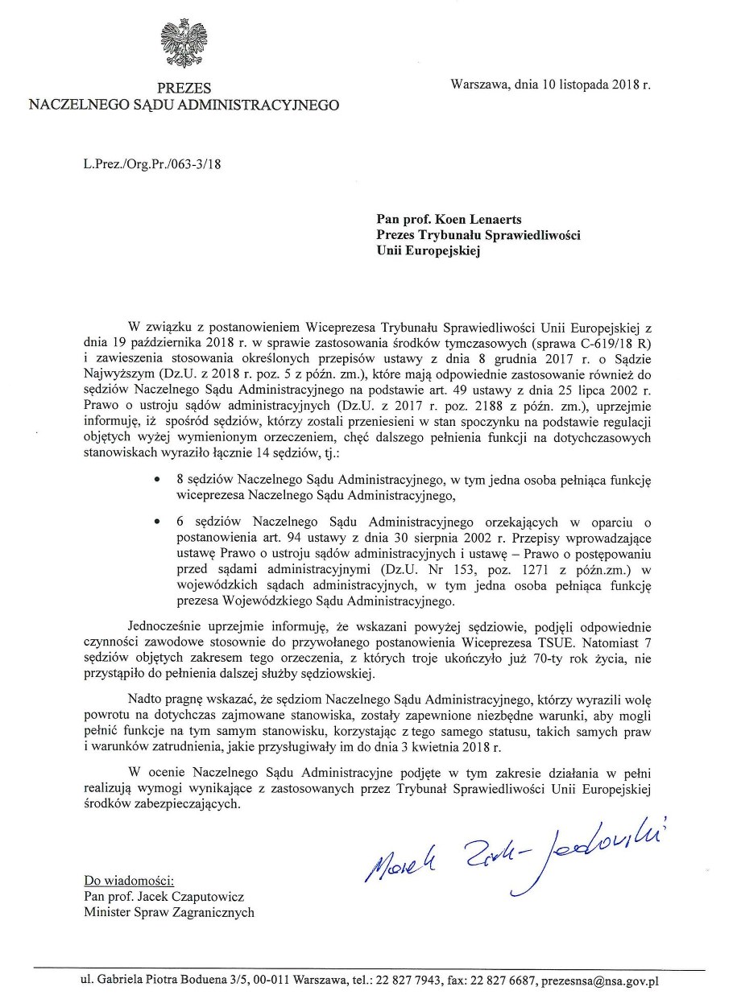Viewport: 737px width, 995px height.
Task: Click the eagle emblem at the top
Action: point(184,45)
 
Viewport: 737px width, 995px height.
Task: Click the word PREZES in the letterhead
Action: point(184,89)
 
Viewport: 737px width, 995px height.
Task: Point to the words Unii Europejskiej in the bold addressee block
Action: point(427,250)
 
